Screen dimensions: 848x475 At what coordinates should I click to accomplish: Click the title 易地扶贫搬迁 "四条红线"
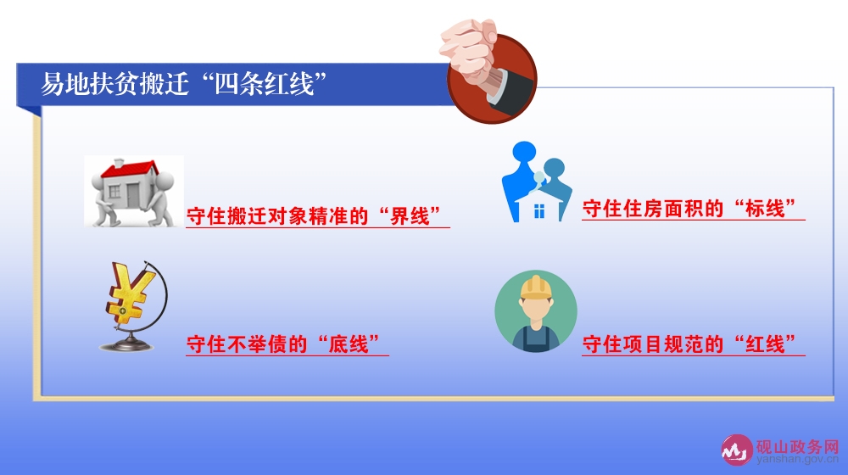[184, 84]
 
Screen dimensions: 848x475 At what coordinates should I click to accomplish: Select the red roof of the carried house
[129, 170]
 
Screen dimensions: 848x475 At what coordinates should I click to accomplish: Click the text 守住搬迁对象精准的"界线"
[314, 215]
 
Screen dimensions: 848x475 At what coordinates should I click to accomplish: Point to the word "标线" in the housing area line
[765, 209]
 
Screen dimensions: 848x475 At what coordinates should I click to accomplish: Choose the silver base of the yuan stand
[127, 344]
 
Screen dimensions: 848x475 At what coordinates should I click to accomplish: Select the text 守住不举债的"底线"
[283, 344]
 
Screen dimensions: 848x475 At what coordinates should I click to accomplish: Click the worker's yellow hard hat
[536, 288]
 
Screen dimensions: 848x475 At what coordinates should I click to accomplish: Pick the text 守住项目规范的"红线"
[689, 344]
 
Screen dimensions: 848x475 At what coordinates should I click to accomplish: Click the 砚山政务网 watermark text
[797, 447]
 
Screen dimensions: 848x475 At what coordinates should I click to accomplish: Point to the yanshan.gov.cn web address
[798, 460]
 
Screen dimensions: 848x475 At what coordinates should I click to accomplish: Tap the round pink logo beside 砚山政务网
[737, 450]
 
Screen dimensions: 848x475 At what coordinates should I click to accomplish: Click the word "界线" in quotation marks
[410, 215]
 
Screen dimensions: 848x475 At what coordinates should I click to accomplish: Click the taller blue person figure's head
[525, 151]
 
